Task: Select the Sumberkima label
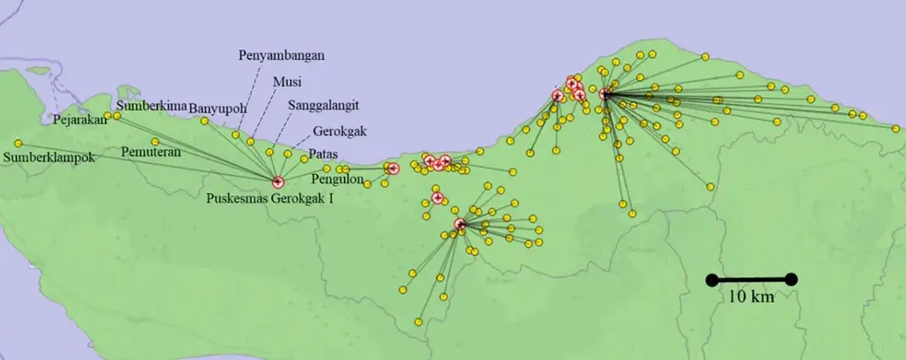coord(152,106)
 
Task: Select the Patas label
coord(323,154)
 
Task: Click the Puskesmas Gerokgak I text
coord(270,199)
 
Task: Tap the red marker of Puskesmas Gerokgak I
coord(277,182)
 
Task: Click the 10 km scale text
coord(751,298)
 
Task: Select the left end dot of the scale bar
coord(710,279)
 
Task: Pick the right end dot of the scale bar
coord(791,279)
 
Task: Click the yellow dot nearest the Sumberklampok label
coord(18,142)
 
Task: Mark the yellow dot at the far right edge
coord(895,129)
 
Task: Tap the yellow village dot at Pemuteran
coord(154,142)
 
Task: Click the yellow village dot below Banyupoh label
coord(204,121)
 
